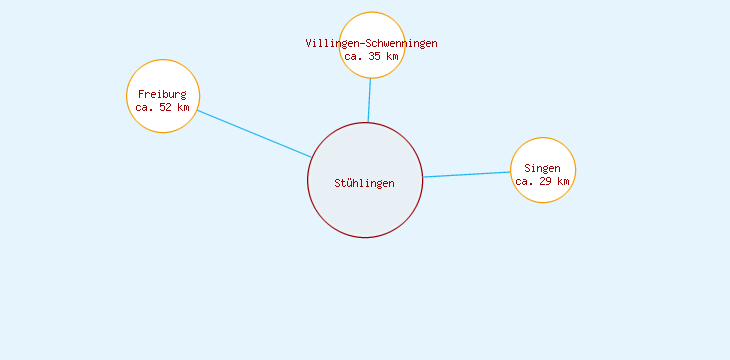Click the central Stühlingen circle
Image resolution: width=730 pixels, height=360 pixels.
(x=365, y=210)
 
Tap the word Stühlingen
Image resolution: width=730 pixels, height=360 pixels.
(x=365, y=183)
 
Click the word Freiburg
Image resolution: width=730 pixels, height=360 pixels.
(x=163, y=94)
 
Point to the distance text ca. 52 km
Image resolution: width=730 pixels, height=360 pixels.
(x=163, y=107)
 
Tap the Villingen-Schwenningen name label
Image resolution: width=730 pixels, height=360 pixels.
(x=371, y=43)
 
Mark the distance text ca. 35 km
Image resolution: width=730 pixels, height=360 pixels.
(x=371, y=57)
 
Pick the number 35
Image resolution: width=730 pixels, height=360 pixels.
(x=375, y=57)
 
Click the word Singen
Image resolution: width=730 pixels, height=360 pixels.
(x=543, y=168)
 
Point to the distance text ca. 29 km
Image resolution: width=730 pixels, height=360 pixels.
(x=543, y=181)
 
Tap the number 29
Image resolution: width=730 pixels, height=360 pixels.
(x=546, y=181)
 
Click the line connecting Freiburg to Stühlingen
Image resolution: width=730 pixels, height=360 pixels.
(x=254, y=133)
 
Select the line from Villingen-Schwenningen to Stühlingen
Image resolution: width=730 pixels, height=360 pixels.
(x=369, y=100)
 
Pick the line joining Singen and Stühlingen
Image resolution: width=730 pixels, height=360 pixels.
(x=467, y=175)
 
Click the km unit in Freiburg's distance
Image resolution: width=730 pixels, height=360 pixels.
(x=182, y=107)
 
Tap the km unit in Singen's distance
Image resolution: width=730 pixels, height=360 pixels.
(x=563, y=181)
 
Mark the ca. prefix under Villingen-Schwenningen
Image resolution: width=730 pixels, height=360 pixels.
(x=353, y=57)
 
